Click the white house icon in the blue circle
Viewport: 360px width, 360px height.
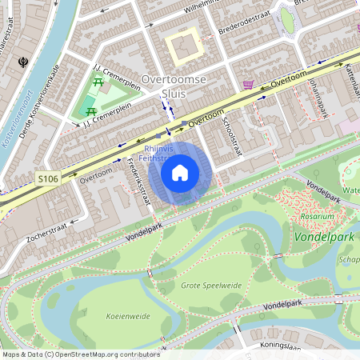tap(180, 172)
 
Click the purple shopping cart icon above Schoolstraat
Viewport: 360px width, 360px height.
tap(249, 85)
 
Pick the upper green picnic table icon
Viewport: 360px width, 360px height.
tap(98, 82)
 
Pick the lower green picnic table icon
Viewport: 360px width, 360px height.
tap(90, 111)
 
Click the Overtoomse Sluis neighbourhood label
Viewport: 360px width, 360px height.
tap(174, 86)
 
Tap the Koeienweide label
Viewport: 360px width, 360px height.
tap(127, 316)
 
